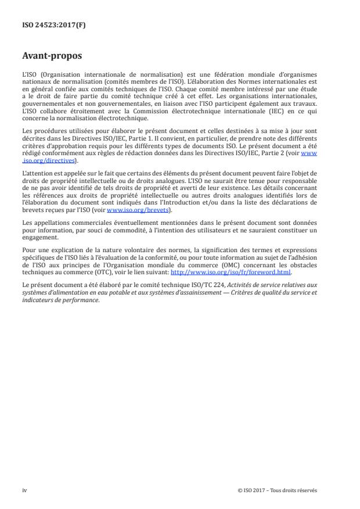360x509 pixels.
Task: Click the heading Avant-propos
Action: coord(52,56)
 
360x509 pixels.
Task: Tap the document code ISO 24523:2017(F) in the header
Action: coord(52,24)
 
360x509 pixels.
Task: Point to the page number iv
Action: coord(24,490)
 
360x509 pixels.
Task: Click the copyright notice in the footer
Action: coord(278,490)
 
